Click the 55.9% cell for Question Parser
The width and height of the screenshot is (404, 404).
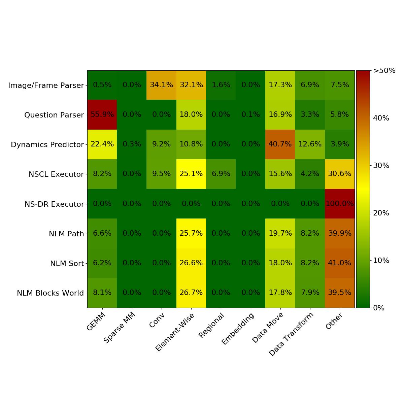[x=102, y=114]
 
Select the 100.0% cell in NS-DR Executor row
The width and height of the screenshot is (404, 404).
[x=340, y=204]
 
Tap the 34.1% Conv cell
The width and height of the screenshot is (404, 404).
[x=161, y=85]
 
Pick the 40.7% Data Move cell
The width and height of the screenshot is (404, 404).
[x=280, y=144]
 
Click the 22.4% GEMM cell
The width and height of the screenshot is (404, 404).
[x=102, y=144]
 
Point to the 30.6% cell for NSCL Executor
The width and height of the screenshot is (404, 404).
[x=340, y=174]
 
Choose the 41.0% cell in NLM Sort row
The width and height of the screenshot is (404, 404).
[x=340, y=263]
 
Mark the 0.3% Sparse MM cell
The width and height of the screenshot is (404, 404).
[x=132, y=144]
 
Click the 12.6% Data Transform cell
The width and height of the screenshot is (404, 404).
[x=310, y=144]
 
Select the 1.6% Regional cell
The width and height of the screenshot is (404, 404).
[x=221, y=85]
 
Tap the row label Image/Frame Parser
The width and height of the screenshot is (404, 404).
[x=46, y=86]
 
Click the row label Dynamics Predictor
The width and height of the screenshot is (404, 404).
[x=47, y=145]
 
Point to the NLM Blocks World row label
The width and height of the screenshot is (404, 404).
[x=50, y=293]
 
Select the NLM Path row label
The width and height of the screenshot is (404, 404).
[x=66, y=234]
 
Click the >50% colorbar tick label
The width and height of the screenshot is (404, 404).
[x=384, y=71]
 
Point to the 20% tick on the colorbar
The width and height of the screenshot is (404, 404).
[x=381, y=213]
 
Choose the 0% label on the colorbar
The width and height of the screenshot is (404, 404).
[x=379, y=308]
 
